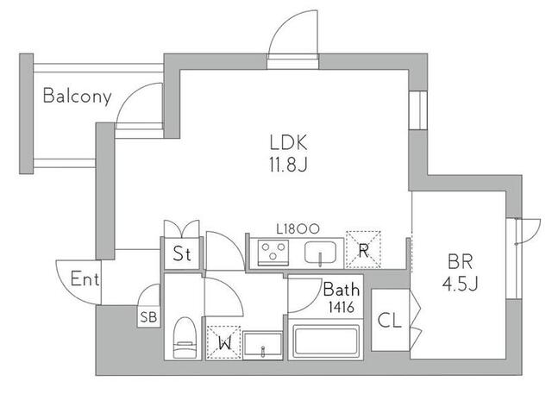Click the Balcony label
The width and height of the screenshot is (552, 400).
coord(77,95)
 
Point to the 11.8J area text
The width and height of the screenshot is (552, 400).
coord(289,163)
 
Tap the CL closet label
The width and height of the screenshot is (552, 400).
coord(390,321)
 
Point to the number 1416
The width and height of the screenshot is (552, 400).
coord(342,306)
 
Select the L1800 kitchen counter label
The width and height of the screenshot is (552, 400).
coord(298,228)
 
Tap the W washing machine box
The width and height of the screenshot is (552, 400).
coord(223,342)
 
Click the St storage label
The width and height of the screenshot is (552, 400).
coord(181,254)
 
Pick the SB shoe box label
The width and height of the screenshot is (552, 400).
coord(149,316)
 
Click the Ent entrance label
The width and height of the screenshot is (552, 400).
coord(85,279)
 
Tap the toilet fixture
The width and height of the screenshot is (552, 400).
coord(184,339)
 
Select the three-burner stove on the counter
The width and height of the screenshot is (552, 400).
coord(274,252)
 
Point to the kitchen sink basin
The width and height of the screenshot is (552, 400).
coord(323,253)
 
